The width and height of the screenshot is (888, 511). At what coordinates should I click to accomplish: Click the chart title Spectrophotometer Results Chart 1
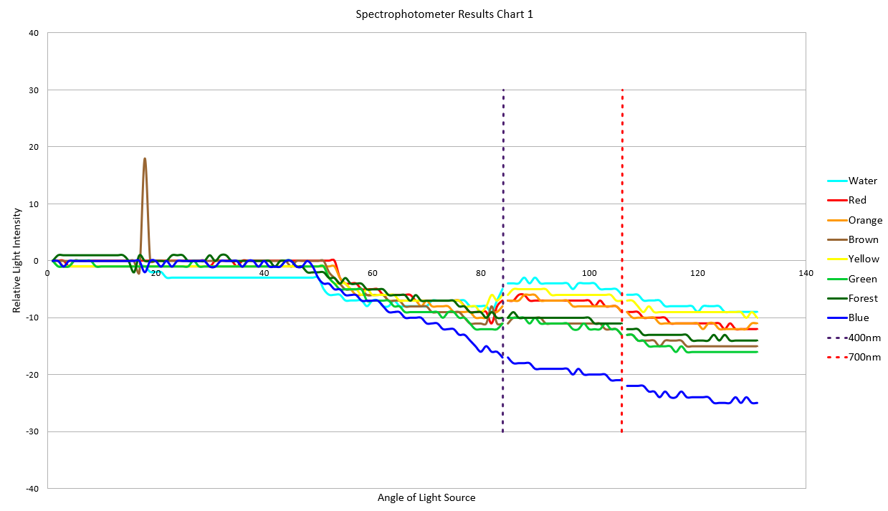[x=444, y=14]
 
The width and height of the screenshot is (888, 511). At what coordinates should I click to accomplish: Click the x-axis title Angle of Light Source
[x=426, y=497]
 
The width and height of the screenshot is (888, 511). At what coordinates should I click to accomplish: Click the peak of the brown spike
[x=145, y=158]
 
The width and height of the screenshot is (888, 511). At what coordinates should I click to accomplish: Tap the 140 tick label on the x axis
[x=806, y=273]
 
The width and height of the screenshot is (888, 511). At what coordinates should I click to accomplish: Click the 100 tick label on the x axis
[x=589, y=273]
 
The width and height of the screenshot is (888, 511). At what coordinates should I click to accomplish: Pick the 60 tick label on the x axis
[x=373, y=273]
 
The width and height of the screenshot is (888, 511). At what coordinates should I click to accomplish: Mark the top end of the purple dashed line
[x=503, y=90]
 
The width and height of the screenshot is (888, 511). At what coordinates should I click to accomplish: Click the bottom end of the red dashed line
[x=621, y=431]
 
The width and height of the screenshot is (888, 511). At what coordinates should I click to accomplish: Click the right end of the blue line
[x=757, y=403]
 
